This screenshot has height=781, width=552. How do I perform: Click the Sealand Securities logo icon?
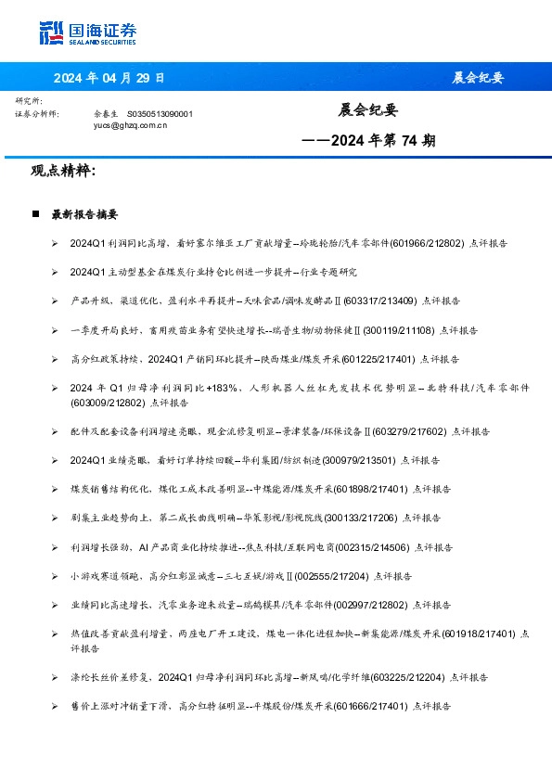[52, 32]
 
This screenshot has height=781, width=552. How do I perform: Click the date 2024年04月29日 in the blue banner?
[109, 77]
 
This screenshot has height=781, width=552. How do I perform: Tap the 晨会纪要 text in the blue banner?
[478, 77]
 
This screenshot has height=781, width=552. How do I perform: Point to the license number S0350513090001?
[160, 113]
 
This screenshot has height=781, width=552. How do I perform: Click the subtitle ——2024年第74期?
[368, 142]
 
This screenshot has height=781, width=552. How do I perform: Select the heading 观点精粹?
[64, 172]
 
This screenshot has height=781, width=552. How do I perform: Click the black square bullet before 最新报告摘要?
[35, 213]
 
